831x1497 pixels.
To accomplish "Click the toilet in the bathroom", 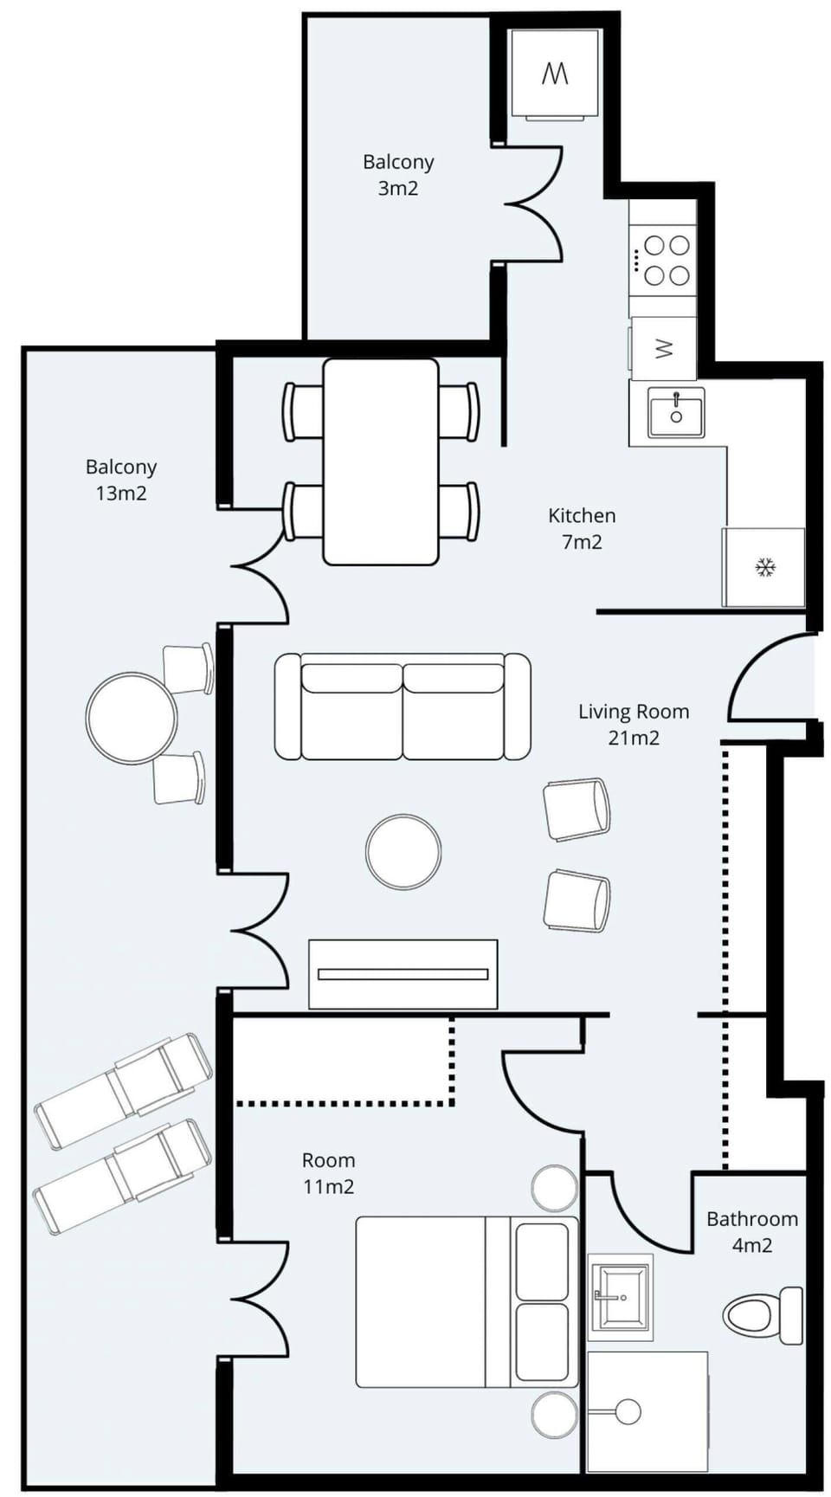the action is tap(763, 1315).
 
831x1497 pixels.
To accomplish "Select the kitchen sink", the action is tap(676, 412).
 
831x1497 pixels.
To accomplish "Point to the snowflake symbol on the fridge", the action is tap(765, 568).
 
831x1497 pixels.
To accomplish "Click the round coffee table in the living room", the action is tap(403, 852).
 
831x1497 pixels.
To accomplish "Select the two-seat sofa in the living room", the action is tap(403, 707).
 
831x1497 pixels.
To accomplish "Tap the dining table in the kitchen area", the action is tap(381, 461).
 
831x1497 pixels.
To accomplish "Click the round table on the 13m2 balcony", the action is tap(132, 718).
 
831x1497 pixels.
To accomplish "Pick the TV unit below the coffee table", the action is tap(403, 974).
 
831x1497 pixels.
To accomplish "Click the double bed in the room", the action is tap(467, 1301).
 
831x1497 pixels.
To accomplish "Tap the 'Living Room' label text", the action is tap(634, 712).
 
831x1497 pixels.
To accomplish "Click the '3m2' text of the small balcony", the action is tap(398, 188).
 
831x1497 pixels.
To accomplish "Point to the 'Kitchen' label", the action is tap(582, 516).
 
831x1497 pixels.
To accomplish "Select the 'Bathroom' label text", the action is tap(752, 1219).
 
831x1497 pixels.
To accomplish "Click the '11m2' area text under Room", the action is tap(328, 1186).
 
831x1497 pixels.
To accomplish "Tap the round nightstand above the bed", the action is tap(554, 1188).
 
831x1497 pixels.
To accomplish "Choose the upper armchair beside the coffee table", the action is tap(577, 809).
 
